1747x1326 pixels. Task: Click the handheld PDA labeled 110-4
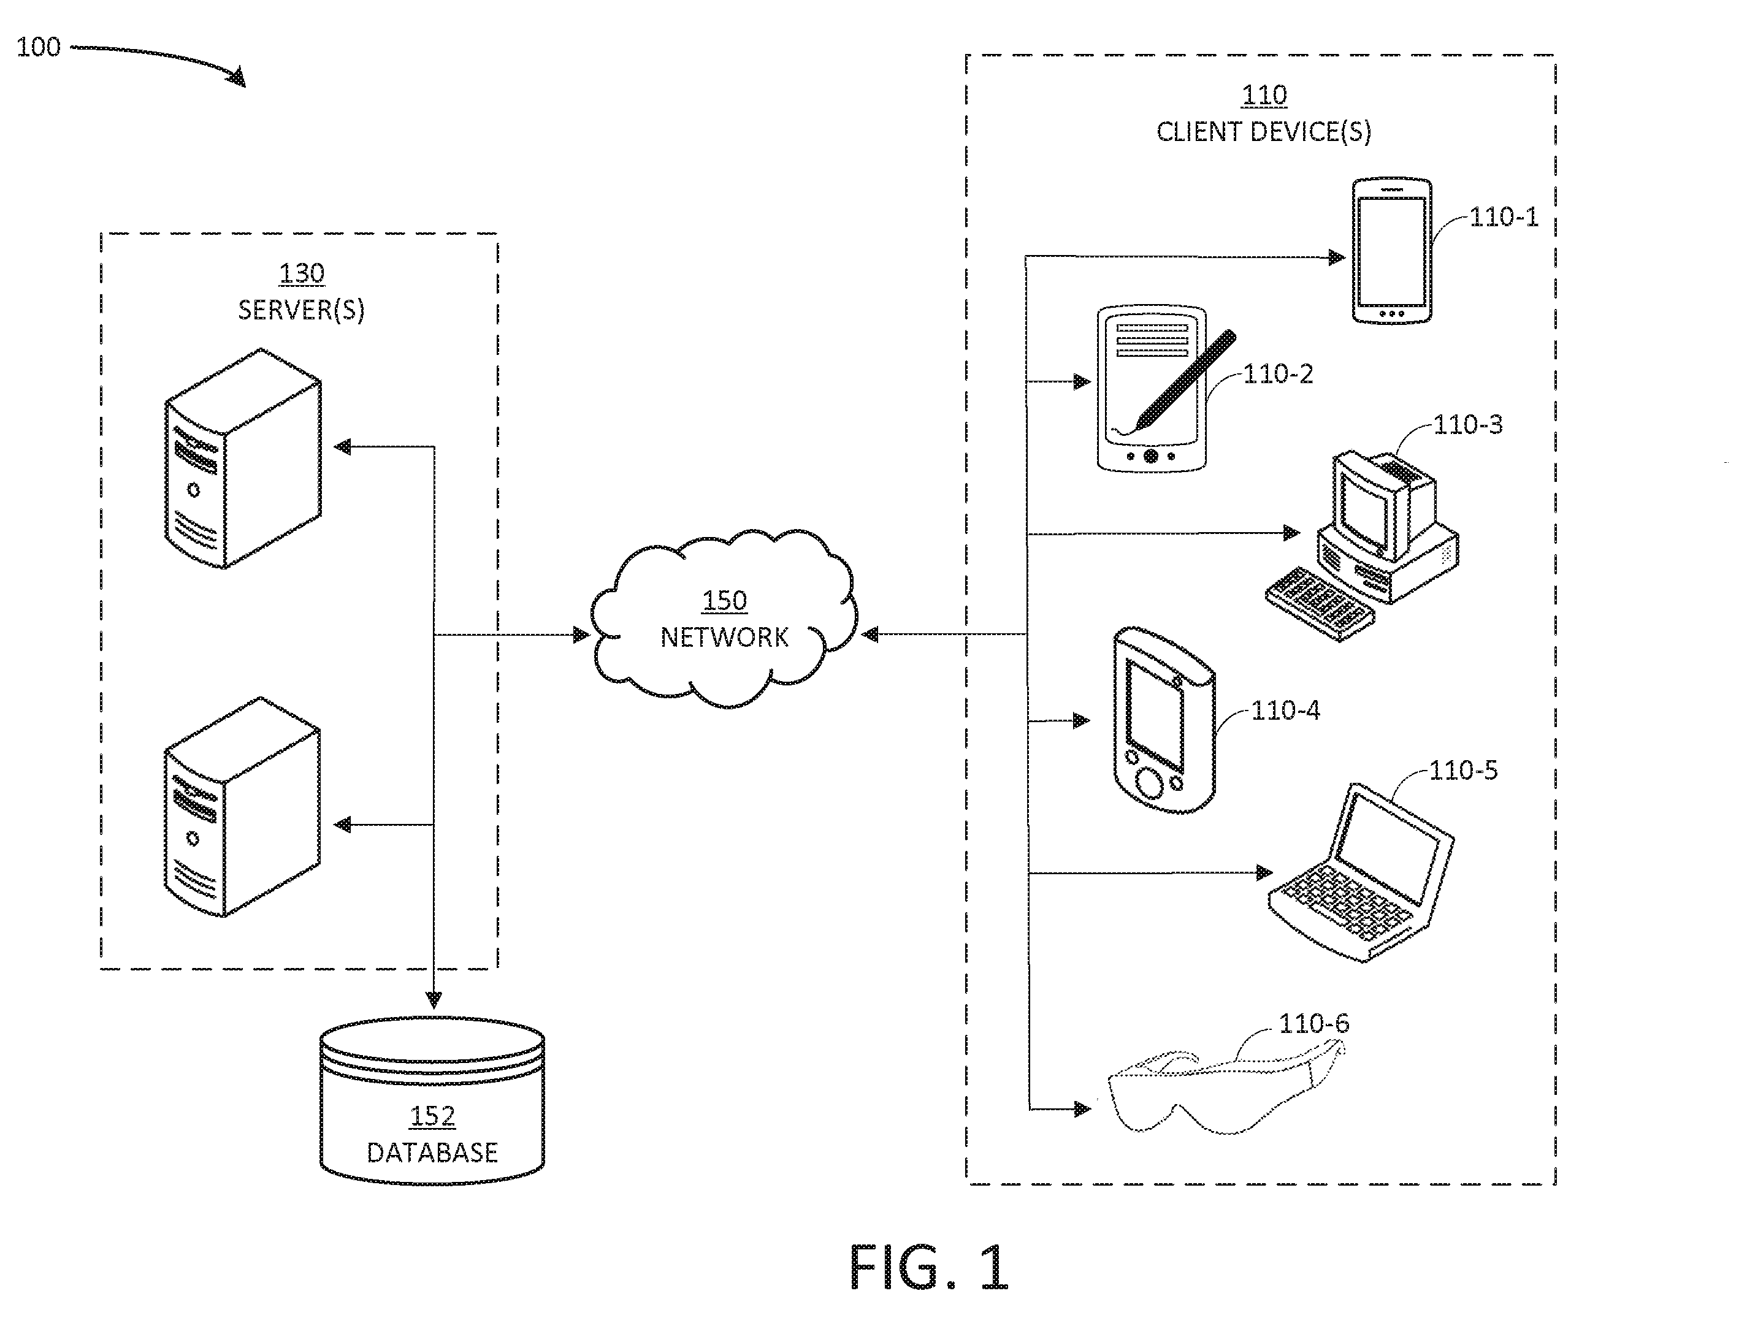point(1163,720)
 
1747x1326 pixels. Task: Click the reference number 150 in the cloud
point(724,601)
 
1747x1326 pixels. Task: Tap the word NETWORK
point(724,638)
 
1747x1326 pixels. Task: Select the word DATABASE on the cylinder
point(432,1153)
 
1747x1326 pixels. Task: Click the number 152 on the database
point(432,1116)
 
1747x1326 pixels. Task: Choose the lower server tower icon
point(242,807)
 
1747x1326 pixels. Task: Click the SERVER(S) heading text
point(302,310)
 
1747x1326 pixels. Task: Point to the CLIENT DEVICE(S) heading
point(1264,131)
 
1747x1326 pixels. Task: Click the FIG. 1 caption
point(929,1268)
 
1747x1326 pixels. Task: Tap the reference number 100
point(38,47)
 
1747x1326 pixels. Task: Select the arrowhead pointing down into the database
point(433,1000)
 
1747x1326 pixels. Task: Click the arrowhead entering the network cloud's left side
point(581,634)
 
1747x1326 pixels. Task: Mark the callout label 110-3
point(1467,425)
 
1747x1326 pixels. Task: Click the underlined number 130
point(302,273)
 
